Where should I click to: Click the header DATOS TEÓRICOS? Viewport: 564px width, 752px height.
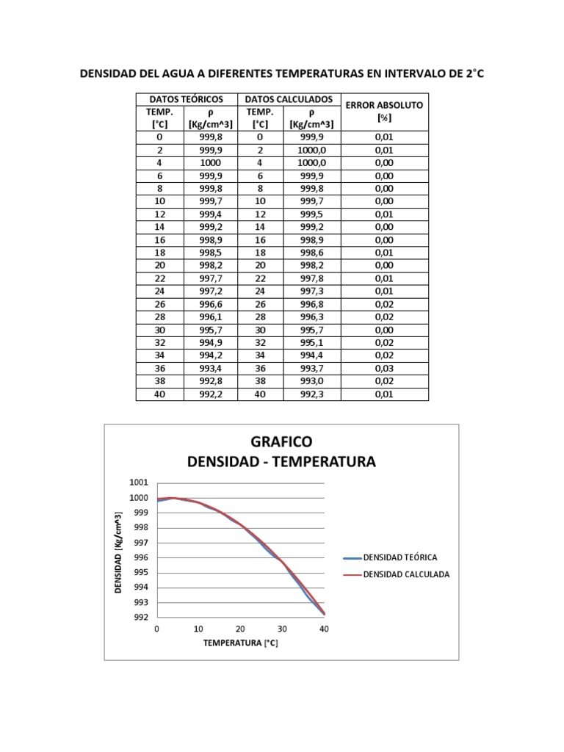pos(186,99)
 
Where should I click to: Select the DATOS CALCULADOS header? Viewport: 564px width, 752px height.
pos(289,99)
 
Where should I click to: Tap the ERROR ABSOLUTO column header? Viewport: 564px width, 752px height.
pos(384,105)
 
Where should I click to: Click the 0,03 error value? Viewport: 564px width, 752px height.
pos(384,369)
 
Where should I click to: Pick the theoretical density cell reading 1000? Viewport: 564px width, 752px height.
pos(211,162)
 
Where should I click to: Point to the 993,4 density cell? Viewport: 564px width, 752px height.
pos(211,369)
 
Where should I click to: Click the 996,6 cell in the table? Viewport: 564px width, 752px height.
pos(211,304)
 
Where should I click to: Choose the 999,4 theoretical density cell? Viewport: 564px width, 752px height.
pos(211,214)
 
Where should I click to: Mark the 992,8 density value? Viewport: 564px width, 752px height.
pos(211,382)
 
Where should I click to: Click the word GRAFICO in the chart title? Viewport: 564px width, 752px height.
pos(281,441)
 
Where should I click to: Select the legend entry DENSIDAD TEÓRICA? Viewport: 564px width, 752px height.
pos(400,558)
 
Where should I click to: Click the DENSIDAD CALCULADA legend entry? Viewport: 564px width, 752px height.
pos(406,574)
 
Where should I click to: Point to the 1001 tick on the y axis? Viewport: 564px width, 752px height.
pos(139,482)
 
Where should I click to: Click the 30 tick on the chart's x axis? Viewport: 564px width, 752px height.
pos(281,629)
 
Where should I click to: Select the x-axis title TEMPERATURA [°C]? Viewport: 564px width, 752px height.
pos(240,643)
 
